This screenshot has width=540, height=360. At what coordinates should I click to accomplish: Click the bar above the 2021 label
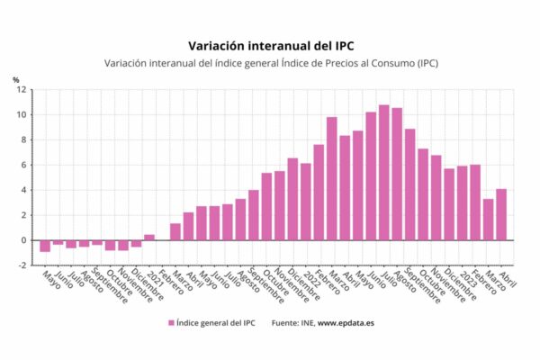[x=149, y=238]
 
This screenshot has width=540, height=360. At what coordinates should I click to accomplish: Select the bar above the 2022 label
[x=305, y=202]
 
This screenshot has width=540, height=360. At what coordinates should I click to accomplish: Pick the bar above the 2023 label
[x=463, y=202]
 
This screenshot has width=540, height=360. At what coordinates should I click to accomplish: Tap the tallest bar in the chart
[x=384, y=173]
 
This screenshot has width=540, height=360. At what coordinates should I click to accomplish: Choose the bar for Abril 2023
[x=501, y=214]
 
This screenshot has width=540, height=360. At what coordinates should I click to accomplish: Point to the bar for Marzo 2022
[x=331, y=178]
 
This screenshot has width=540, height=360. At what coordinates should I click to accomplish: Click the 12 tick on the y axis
[x=22, y=90]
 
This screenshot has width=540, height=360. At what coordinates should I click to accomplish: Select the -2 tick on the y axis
[x=22, y=265]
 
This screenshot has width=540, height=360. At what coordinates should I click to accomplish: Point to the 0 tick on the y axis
[x=23, y=240]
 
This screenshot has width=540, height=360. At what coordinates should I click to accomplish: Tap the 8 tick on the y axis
[x=23, y=139]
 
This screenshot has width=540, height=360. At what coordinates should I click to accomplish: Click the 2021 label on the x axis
[x=155, y=277]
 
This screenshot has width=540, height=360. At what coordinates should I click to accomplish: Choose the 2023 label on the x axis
[x=468, y=277]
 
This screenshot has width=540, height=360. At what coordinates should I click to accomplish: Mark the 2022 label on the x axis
[x=311, y=277]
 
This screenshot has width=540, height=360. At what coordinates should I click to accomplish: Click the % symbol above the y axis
[x=16, y=80]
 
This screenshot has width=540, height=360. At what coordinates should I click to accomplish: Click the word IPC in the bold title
[x=344, y=46]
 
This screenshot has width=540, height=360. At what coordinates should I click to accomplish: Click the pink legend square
[x=171, y=323]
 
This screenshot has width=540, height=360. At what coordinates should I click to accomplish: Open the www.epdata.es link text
[x=346, y=323]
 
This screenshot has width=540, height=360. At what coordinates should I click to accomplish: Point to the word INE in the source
[x=308, y=323]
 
